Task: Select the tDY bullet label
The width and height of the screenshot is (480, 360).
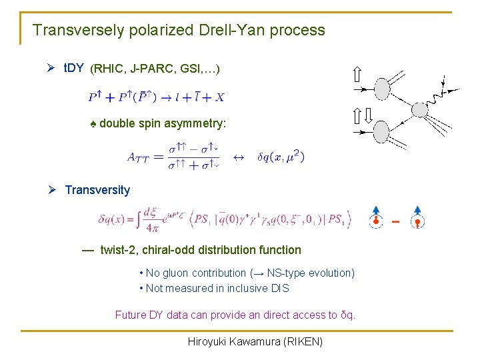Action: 73,68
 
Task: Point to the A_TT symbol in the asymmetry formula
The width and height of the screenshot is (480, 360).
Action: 141,158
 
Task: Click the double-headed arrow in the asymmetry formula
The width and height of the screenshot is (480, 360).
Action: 238,157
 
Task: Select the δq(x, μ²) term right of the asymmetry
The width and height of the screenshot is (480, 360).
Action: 278,157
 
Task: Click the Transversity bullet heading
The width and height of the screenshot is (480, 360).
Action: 97,190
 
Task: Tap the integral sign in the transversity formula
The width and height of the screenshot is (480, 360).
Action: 135,217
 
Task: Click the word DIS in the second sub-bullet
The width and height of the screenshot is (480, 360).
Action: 280,288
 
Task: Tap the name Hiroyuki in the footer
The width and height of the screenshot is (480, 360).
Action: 209,342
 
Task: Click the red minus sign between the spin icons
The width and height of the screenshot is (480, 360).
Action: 396,220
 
